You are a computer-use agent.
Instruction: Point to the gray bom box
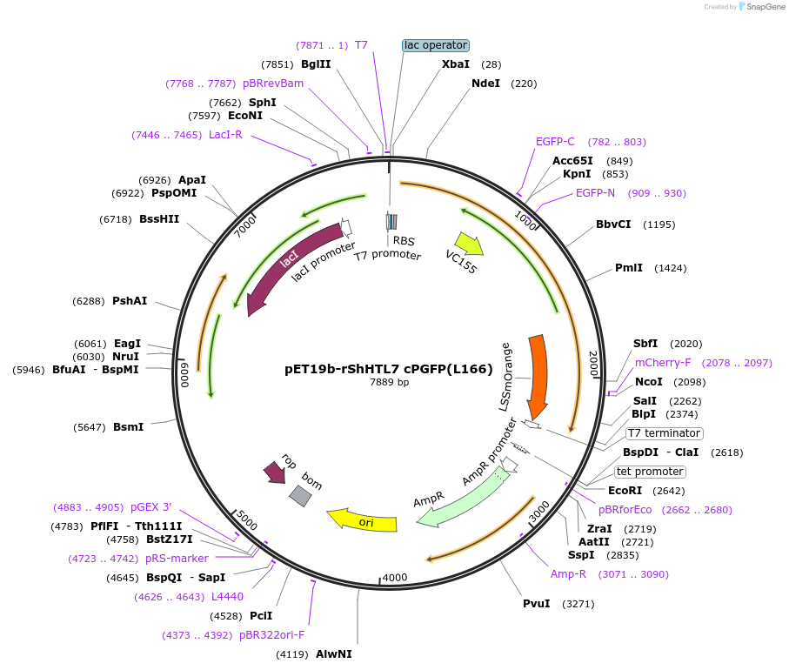pos(300,496)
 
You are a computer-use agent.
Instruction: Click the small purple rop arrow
pos(275,472)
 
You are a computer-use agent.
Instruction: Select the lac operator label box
pos(436,45)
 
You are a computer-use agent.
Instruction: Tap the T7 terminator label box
pos(665,433)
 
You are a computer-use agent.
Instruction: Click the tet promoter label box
pos(650,472)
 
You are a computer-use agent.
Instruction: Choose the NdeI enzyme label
pos(485,84)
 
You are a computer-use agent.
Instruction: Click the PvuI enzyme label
pos(536,603)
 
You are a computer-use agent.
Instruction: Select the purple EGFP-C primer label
pos(555,142)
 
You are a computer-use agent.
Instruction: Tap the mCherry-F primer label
pos(663,363)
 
